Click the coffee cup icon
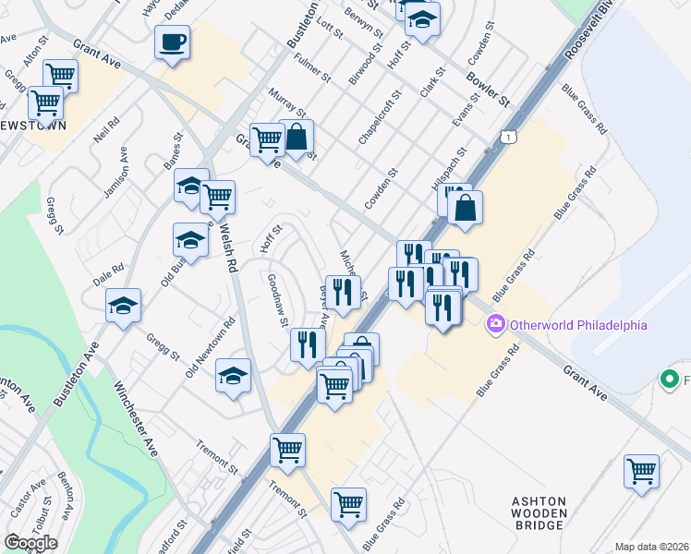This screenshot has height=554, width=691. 173,42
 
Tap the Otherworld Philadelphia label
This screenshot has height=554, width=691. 577,325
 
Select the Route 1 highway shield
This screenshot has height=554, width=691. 507,137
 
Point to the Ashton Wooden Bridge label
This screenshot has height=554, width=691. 537,512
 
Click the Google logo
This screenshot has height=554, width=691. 30,543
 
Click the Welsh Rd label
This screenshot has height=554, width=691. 226,246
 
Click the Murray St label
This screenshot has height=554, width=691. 286,105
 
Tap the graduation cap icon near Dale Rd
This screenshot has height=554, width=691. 123,306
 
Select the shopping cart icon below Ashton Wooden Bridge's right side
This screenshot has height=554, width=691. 640,472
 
